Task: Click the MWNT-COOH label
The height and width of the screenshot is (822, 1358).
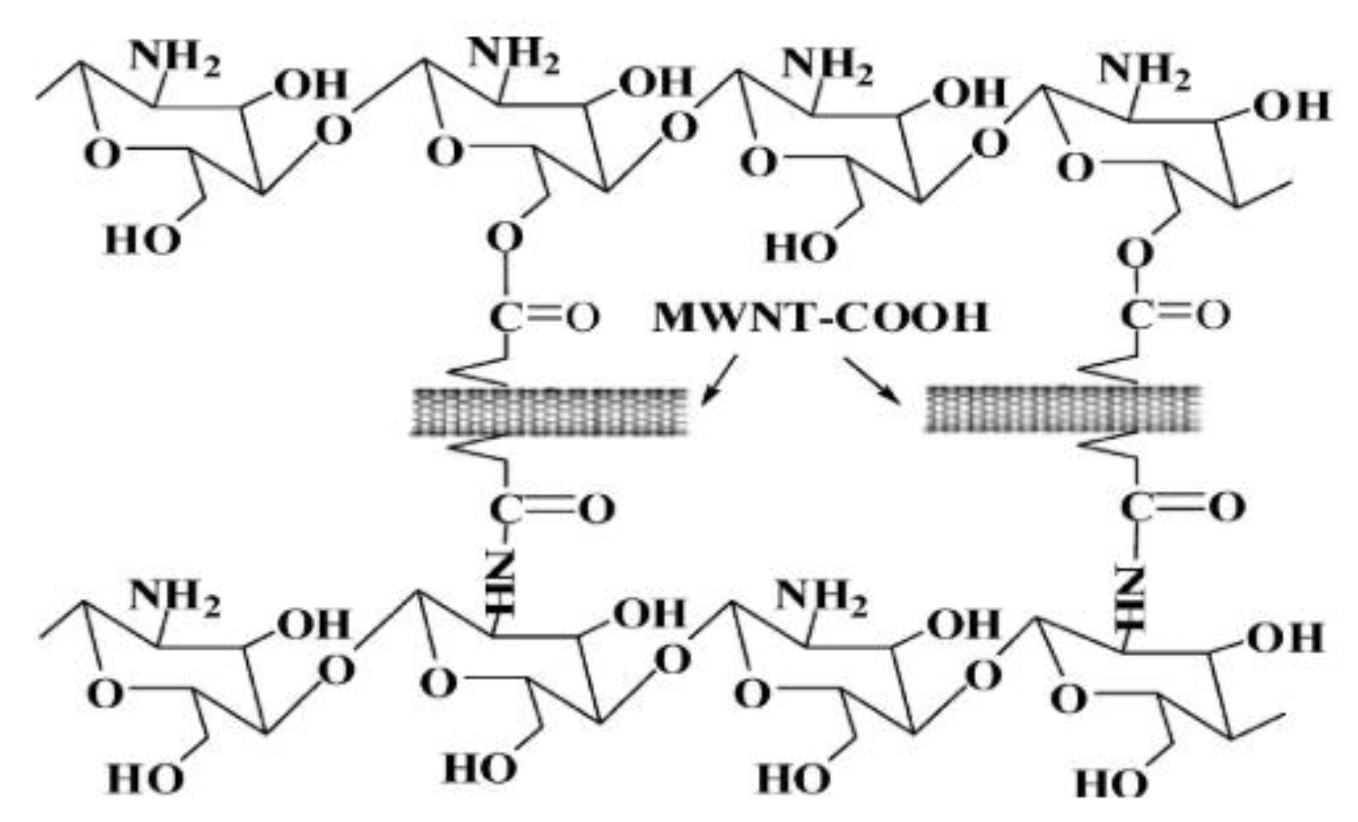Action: (820, 318)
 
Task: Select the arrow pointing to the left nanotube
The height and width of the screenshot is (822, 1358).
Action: (719, 380)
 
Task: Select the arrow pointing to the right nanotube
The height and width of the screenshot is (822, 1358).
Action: (872, 379)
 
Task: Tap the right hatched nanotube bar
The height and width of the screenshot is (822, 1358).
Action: (1062, 408)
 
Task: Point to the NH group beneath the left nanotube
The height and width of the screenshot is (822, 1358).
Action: (501, 583)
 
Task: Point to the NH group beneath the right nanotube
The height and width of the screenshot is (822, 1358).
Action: (1131, 597)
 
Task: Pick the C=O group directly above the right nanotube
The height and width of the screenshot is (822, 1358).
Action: (1174, 316)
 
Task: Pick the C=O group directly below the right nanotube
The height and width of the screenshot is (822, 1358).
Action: (1182, 506)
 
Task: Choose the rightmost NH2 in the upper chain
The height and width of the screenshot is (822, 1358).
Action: (1144, 72)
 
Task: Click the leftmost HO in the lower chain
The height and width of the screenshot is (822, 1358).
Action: (145, 778)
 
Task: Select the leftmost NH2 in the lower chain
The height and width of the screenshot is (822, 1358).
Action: (174, 596)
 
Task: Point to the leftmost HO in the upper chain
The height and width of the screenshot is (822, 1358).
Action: (142, 239)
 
